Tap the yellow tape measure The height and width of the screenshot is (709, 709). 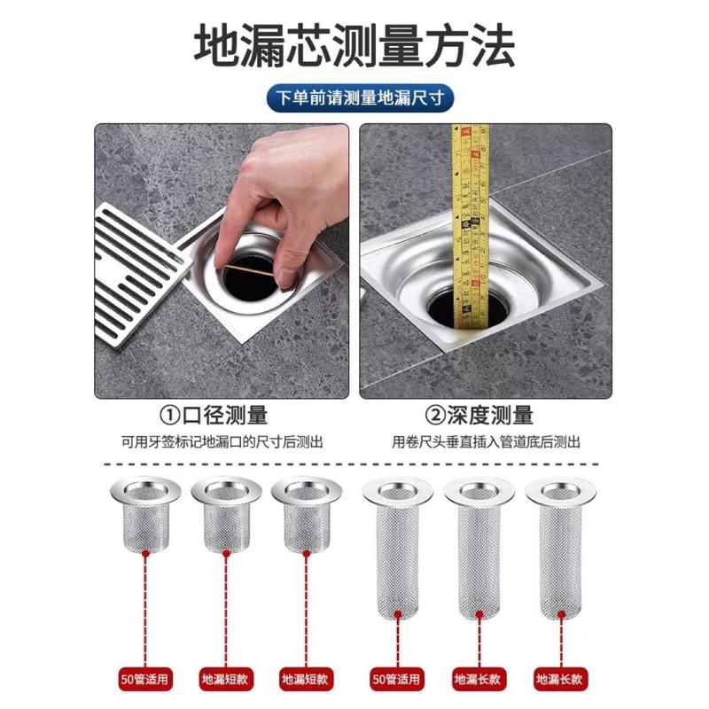coord(470,213)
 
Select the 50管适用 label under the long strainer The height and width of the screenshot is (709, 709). coord(396,680)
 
